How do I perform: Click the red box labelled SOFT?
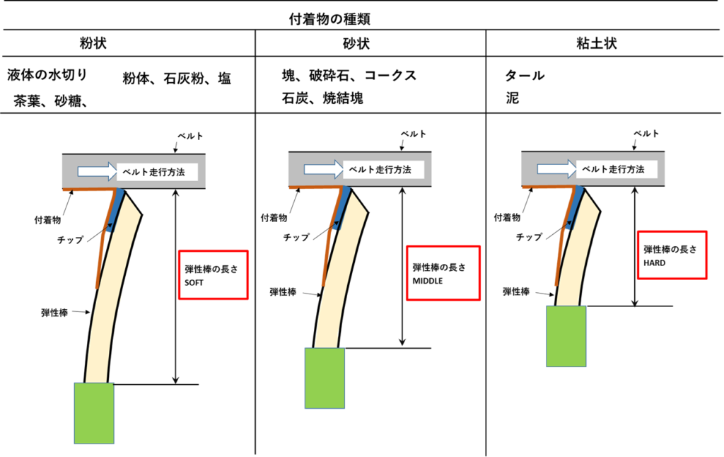(214, 274)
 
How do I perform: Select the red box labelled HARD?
(672, 255)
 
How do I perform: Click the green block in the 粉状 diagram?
(94, 413)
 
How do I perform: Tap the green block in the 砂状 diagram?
(325, 378)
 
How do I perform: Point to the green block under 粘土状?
(566, 336)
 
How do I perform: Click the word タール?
(525, 76)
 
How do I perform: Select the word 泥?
(513, 98)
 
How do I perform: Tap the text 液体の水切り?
(47, 75)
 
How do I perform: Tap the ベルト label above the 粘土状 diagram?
(646, 133)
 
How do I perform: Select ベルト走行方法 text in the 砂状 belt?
(383, 170)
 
